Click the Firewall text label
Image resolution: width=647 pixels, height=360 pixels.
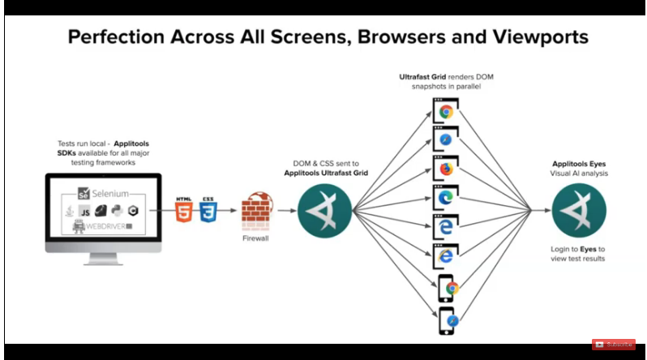256,240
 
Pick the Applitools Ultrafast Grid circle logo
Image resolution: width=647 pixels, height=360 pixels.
324,211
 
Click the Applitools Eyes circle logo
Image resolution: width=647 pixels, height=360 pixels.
579,211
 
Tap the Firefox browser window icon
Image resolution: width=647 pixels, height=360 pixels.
445,169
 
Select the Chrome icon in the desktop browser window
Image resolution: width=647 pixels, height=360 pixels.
445,111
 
